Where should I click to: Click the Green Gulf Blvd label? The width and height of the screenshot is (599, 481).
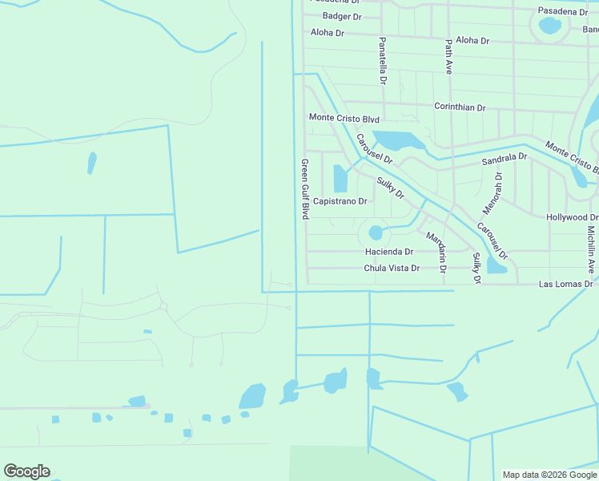pos(305,189)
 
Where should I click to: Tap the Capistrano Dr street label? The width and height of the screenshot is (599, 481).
pos(340,201)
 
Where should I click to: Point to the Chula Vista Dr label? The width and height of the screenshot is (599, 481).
pos(392,269)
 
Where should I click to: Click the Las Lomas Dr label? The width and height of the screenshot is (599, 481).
pos(565,284)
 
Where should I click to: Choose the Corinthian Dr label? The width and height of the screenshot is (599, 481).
pos(460,107)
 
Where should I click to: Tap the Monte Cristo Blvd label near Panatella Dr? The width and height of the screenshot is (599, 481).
pos(344,118)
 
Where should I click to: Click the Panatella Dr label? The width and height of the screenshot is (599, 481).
pos(383,60)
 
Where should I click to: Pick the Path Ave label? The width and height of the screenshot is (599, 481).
pos(449,56)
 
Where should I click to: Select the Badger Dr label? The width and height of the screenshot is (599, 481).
pos(342,16)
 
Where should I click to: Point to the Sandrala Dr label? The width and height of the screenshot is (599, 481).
pos(505,160)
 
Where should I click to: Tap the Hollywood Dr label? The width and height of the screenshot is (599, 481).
pos(572,217)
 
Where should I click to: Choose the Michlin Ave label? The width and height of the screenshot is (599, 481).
pos(591,249)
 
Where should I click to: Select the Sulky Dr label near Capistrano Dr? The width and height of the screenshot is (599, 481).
pos(391,188)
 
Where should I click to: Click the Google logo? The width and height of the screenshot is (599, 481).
pos(26,471)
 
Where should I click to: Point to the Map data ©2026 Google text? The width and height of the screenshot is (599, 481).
pos(549,475)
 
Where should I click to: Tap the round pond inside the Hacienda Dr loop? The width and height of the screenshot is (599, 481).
pos(376,233)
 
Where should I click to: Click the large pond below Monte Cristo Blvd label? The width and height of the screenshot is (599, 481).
pos(399,141)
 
